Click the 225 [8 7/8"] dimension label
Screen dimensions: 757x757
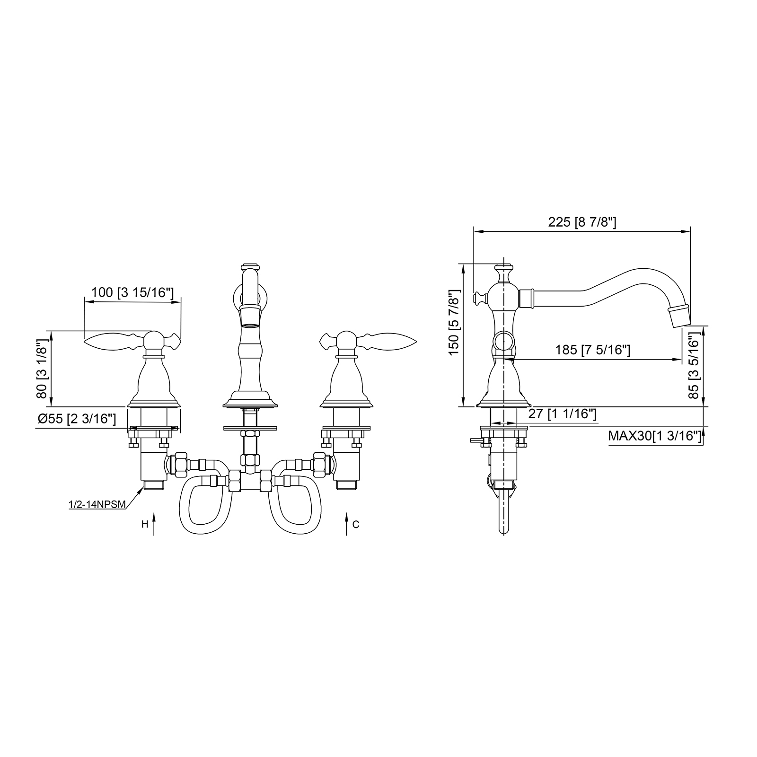[x=582, y=222]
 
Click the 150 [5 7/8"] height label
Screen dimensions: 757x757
[x=454, y=322]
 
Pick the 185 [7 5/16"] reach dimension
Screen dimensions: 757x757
[x=592, y=350]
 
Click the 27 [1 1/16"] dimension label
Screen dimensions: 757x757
[x=562, y=414]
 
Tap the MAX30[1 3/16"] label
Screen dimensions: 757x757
[x=654, y=436]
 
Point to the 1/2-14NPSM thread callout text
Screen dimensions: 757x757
[x=97, y=504]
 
